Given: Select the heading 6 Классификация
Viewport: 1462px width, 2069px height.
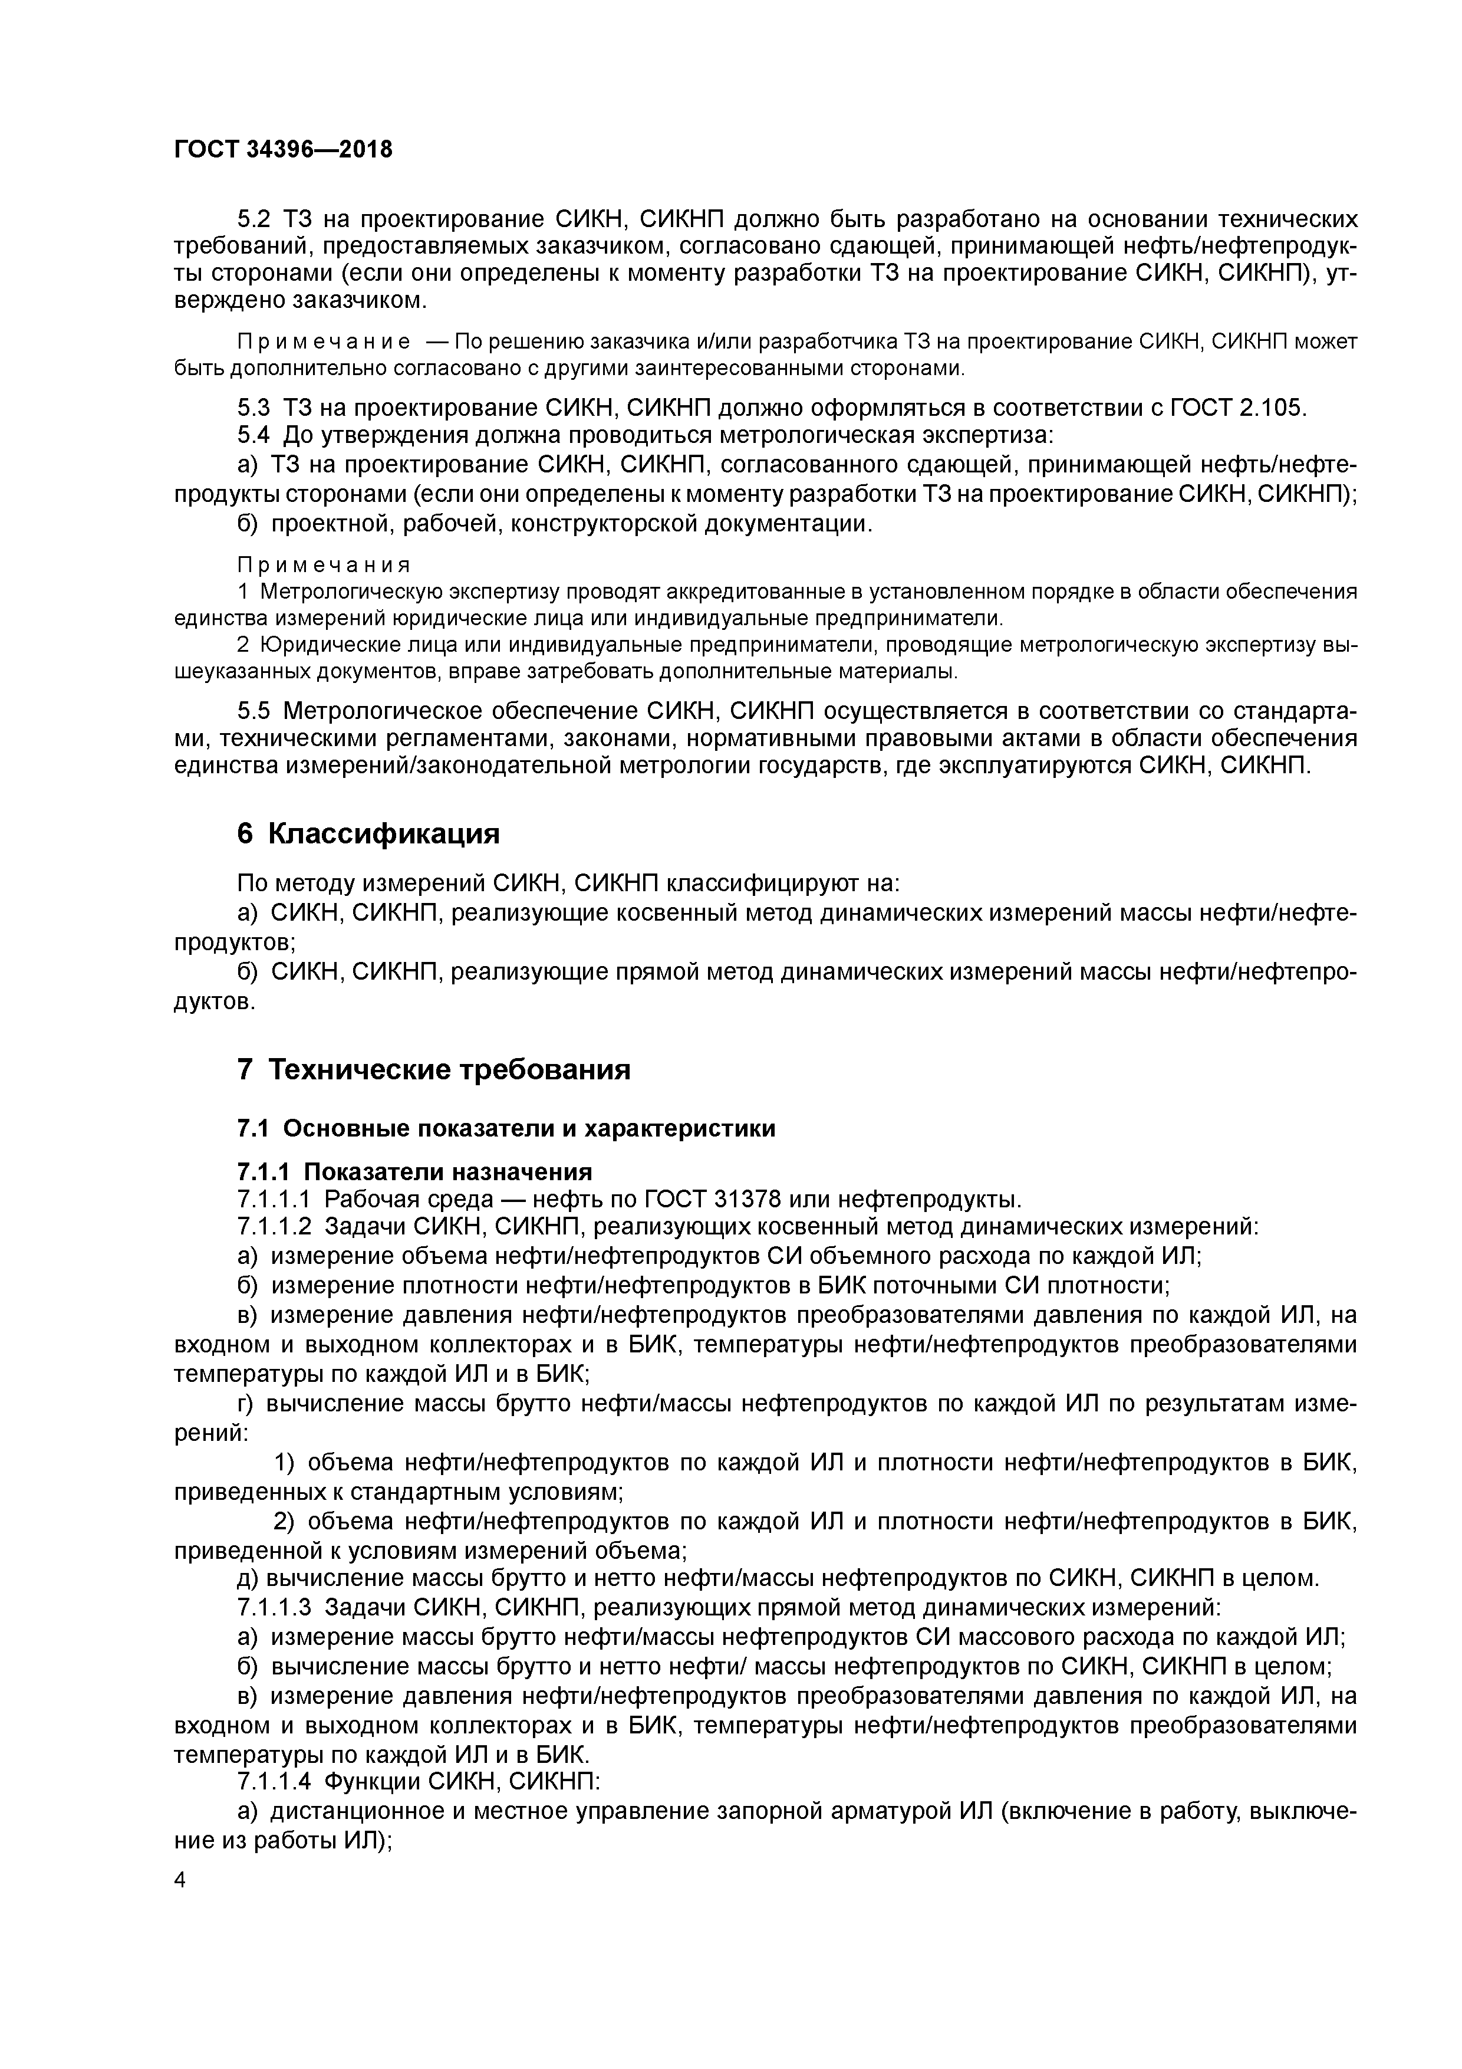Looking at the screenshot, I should pos(367,833).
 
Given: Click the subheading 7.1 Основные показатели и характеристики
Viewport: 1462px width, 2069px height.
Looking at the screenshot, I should pos(505,1128).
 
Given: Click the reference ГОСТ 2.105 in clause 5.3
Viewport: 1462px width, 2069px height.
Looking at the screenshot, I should pos(1236,408).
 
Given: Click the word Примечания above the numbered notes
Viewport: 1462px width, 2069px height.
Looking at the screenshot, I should pos(324,565).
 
